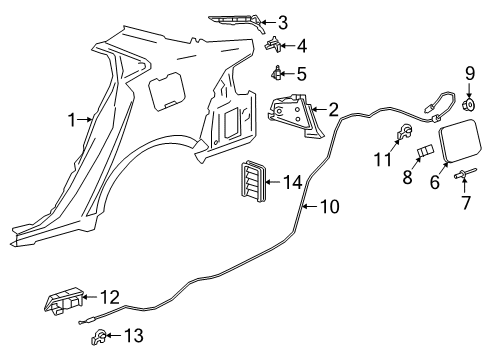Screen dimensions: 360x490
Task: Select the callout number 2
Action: pyautogui.click(x=333, y=109)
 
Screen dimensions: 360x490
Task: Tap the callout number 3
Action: pyautogui.click(x=283, y=22)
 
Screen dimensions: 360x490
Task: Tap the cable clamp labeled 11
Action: pyautogui.click(x=407, y=133)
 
